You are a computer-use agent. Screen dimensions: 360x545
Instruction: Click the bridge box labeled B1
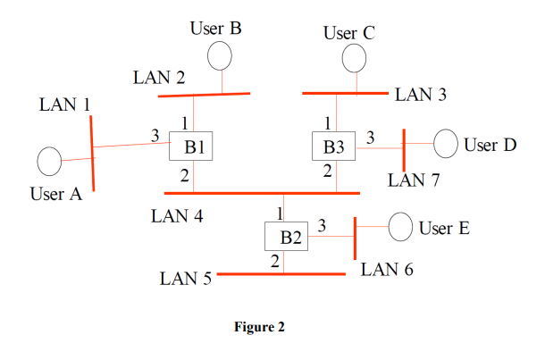click(x=192, y=147)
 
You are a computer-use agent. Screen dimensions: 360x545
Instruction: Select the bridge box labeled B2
click(x=287, y=237)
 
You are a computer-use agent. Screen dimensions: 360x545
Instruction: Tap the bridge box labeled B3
click(x=333, y=146)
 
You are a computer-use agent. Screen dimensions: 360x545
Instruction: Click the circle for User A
click(x=49, y=162)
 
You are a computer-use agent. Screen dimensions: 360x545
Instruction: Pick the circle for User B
click(x=220, y=57)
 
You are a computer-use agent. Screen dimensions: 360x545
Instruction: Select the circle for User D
click(x=446, y=144)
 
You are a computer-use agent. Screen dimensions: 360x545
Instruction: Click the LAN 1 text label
click(x=65, y=105)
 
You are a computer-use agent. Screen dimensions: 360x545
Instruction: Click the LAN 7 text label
click(x=414, y=180)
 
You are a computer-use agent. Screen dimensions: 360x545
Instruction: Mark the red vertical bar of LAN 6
click(x=356, y=237)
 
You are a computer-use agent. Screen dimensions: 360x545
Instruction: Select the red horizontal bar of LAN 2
click(x=204, y=94)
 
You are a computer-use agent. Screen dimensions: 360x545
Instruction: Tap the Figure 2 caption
click(x=259, y=327)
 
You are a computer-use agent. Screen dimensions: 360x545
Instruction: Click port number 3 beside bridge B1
click(x=155, y=136)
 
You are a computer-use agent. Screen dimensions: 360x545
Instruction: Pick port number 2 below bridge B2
click(x=275, y=261)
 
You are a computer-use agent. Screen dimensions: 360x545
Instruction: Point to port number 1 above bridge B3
click(x=328, y=123)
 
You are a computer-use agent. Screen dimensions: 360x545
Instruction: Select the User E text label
click(x=443, y=229)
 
